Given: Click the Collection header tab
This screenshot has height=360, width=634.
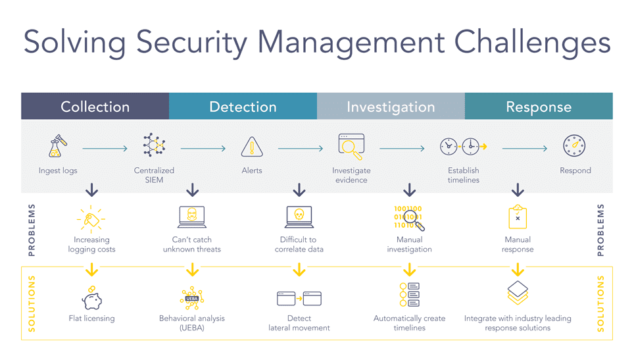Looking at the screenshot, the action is [95, 106].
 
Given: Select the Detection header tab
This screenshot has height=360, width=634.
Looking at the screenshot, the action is [243, 106].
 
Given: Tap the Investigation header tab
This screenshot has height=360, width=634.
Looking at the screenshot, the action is [391, 106].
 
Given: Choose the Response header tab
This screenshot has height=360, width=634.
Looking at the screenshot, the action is [539, 106].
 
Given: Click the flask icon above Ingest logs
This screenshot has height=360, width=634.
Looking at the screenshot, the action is [57, 146].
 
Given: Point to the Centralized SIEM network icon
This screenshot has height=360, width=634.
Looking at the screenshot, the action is [154, 145].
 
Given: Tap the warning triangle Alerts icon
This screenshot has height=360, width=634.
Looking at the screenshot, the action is [252, 146].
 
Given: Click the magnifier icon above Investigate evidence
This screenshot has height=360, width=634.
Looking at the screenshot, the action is [351, 146].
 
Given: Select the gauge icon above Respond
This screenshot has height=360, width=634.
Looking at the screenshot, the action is [574, 145].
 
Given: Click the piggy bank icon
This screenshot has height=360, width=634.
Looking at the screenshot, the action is [92, 299].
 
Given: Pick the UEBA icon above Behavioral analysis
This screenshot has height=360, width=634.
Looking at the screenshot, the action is [192, 299].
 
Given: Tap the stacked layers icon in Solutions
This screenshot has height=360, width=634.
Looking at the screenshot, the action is [518, 293].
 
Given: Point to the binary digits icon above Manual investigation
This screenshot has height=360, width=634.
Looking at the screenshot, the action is [409, 218].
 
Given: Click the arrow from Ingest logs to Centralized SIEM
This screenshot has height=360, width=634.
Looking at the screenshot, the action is [105, 149].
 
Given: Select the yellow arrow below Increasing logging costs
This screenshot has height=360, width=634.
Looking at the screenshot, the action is [92, 269].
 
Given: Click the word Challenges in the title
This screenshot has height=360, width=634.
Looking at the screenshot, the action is [533, 43].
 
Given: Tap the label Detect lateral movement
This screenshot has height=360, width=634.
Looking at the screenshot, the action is [299, 322].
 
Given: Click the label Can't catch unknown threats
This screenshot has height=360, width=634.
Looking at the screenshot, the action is [192, 244].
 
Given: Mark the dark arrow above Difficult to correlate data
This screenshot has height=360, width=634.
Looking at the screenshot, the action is [299, 190].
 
